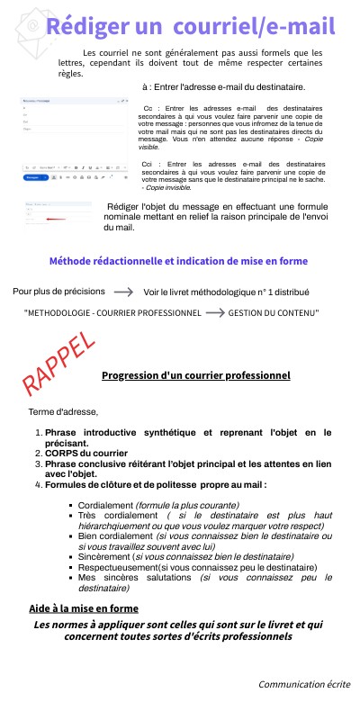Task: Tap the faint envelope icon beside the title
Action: [x=30, y=25]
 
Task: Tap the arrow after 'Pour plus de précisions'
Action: [x=125, y=292]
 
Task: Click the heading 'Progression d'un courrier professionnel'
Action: [x=195, y=375]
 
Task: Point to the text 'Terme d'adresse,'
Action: [x=63, y=412]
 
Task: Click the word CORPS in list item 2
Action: [x=63, y=453]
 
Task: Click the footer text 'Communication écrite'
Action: [x=304, y=684]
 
